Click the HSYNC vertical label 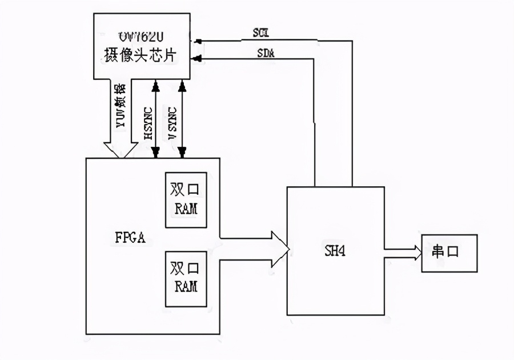pyautogui.click(x=147, y=122)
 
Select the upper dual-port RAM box pyautogui.click(x=185, y=198)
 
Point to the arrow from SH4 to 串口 pyautogui.click(x=403, y=250)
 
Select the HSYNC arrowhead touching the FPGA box pyautogui.click(x=155, y=153)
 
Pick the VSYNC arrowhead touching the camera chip pyautogui.click(x=182, y=84)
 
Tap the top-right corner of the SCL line pyautogui.click(x=352, y=41)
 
